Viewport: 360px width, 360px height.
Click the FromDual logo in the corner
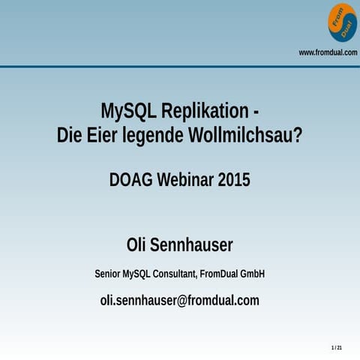click(342, 22)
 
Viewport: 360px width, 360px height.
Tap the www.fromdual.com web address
click(328, 52)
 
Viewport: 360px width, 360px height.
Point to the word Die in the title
click(70, 136)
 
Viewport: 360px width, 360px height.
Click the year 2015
click(234, 180)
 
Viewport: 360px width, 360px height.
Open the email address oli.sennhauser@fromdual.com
click(180, 300)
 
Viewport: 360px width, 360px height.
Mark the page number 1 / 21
click(337, 349)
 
